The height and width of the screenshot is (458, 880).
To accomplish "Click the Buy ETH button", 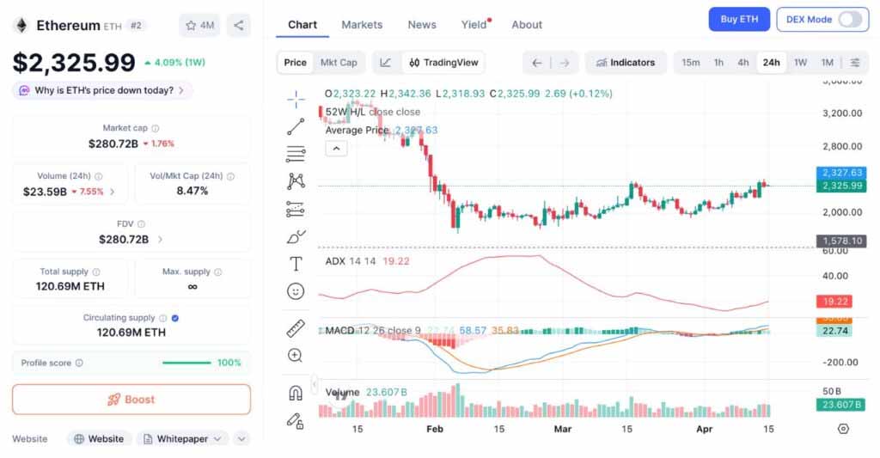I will pos(738,19).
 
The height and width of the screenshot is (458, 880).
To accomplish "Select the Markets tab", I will pos(362,25).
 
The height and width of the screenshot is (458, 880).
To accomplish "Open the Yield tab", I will pos(474,25).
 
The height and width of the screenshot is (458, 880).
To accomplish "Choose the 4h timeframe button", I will pos(742,63).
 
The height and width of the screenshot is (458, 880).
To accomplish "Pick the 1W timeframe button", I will pos(800,63).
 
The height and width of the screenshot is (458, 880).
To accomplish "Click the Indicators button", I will pos(626,63).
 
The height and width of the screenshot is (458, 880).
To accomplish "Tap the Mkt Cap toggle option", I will pos(339,63).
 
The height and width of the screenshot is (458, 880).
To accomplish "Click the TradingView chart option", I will pos(443,63).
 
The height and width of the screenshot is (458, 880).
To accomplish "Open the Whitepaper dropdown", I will pos(182,439).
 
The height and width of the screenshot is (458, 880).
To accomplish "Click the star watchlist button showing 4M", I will pos(199,26).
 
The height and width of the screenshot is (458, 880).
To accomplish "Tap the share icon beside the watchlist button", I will pos(238,26).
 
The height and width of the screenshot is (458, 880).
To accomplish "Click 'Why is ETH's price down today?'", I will pos(102,90).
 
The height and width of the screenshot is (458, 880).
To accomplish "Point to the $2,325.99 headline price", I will pos(74,63).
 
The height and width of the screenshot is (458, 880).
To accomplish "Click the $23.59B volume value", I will pos(46,192).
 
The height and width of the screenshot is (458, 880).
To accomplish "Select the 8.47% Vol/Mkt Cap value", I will pos(192,191).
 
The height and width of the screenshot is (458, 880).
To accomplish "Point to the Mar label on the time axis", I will pos(562,429).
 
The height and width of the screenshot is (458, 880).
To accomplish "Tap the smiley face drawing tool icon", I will pos(296,291).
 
